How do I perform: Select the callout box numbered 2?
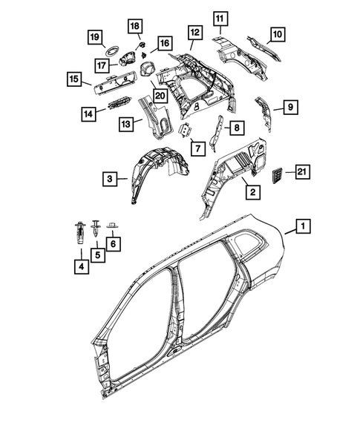click(252, 192)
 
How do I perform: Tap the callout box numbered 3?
click(110, 178)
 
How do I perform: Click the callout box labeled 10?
click(276, 33)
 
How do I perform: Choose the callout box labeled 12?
click(194, 33)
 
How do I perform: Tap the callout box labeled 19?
click(94, 37)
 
